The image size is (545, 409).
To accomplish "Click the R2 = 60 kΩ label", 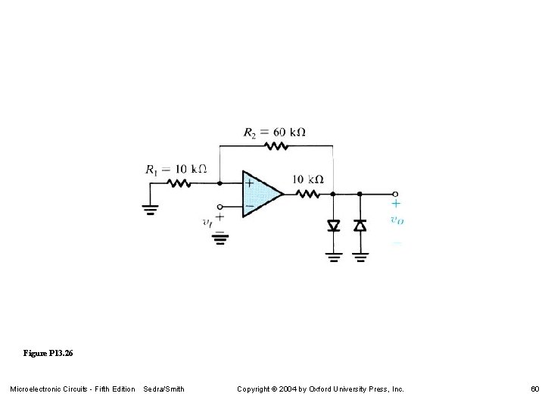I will click(274, 132).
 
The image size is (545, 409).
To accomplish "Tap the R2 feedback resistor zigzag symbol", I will click(276, 145).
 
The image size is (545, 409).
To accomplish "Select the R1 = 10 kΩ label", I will click(176, 169).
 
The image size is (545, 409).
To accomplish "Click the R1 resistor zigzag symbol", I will click(179, 183).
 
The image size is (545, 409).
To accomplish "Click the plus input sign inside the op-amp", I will click(249, 183).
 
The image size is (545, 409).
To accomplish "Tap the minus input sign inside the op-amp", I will click(249, 205).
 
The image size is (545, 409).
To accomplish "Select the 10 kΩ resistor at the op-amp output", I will click(309, 194).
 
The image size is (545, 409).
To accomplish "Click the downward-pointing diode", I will click(333, 225).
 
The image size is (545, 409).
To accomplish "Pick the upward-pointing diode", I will click(360, 225).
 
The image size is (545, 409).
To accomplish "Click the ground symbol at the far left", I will click(151, 209).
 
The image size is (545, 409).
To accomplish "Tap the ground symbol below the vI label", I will click(220, 239).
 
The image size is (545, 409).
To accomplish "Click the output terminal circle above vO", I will click(395, 194).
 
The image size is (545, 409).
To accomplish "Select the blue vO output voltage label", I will click(396, 220).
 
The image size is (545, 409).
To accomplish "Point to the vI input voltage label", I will click(207, 222).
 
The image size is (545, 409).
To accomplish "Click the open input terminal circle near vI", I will click(220, 206).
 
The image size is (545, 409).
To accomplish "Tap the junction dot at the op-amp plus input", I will click(220, 183).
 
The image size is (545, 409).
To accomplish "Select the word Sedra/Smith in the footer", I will click(163, 389).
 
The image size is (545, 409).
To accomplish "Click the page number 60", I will click(534, 389).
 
